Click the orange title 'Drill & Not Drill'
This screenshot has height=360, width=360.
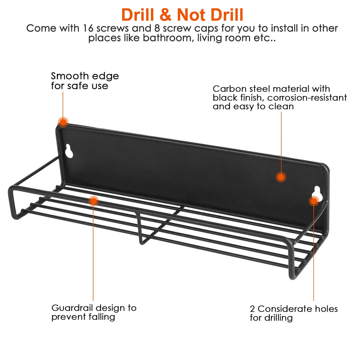point(182,15)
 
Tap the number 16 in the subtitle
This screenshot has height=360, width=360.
point(88,28)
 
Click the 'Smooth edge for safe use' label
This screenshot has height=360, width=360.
point(85,81)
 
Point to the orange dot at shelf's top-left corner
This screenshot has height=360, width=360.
point(63,122)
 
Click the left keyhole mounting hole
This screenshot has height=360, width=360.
point(69,151)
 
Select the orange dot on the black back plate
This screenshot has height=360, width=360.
point(281,177)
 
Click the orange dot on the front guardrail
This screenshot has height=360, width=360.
point(94,201)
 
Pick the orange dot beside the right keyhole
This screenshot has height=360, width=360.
point(314,201)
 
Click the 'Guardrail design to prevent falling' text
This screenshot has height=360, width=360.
point(94,312)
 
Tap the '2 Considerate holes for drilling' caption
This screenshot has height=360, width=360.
point(294,313)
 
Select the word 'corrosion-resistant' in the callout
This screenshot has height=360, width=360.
point(307,98)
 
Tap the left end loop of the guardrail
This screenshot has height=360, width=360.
point(12,202)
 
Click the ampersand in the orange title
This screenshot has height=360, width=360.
point(165,15)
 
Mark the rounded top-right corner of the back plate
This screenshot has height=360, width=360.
point(326,167)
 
